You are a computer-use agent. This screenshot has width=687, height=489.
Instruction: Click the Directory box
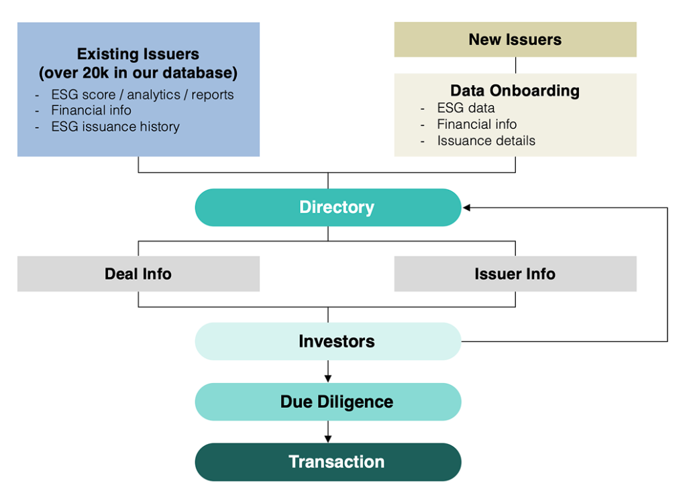coord(328,207)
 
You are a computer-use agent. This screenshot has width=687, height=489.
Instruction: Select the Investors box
coord(328,341)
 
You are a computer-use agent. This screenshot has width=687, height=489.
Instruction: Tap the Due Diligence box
coord(328,402)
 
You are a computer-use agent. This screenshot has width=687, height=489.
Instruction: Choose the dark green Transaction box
coord(328,461)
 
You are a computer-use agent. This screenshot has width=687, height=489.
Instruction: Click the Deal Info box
coord(138,274)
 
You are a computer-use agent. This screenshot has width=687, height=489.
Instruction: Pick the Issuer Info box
coord(515,274)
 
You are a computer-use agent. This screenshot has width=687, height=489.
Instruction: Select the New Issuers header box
coord(515,40)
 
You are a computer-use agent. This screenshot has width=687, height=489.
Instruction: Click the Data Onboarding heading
coord(515,91)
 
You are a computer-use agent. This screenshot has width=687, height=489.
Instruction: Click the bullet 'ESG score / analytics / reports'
coord(142,95)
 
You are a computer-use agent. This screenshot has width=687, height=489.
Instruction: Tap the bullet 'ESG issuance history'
coord(115,127)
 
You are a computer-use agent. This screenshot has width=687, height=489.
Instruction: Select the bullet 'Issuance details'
coord(486,141)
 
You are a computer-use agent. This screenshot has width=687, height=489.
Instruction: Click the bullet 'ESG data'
coord(466,108)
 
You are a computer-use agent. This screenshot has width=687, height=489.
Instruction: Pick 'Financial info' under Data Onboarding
coord(477,124)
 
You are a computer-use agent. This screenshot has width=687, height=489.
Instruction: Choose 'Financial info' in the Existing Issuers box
coord(91,110)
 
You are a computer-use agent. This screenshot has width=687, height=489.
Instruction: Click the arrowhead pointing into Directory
coord(466,208)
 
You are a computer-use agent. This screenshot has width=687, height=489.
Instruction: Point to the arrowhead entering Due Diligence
coord(328,379)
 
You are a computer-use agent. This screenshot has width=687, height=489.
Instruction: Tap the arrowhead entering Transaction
coord(328,439)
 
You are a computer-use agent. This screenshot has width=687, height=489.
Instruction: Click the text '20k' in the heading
coord(96,72)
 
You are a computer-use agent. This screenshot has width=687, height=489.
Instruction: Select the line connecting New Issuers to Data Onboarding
coord(516,65)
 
